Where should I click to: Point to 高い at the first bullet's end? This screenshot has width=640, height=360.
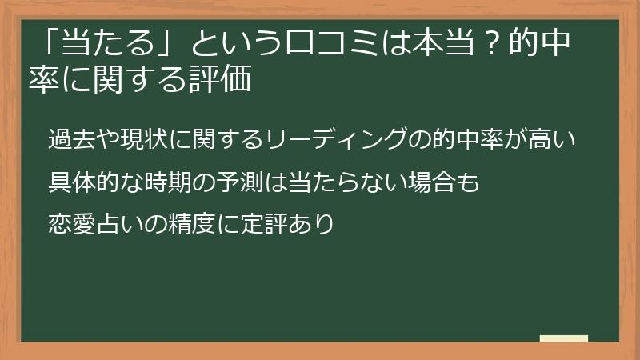click(552, 139)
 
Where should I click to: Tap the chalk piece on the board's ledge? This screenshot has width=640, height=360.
click(564, 338)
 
